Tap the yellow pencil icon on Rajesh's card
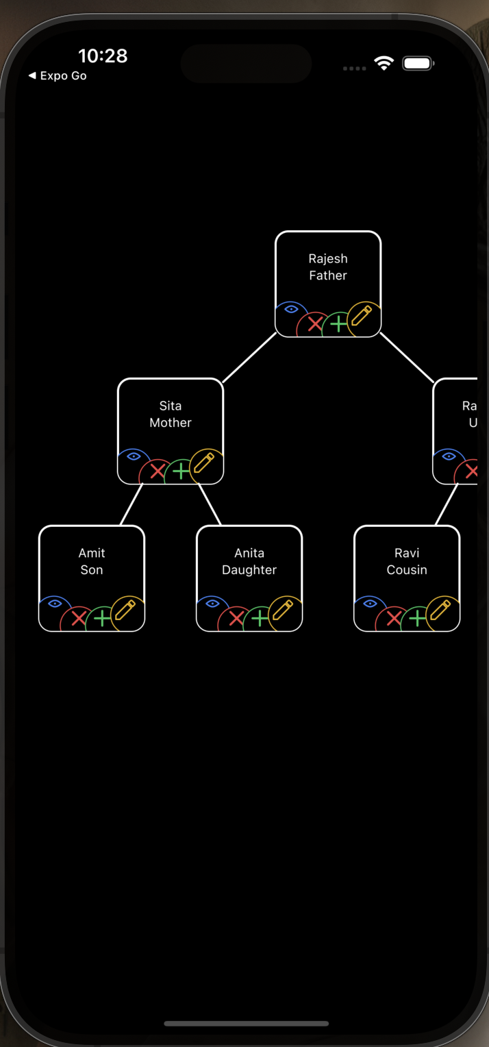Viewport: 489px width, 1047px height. pyautogui.click(x=361, y=316)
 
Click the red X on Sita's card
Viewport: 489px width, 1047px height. pyautogui.click(x=158, y=471)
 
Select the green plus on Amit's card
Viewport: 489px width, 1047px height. pyautogui.click(x=102, y=619)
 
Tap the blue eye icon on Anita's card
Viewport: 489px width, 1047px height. pyautogui.click(x=212, y=603)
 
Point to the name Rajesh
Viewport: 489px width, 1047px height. pyautogui.click(x=328, y=258)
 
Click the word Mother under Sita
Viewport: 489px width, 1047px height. pyautogui.click(x=171, y=423)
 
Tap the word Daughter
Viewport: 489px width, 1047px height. pyautogui.click(x=249, y=570)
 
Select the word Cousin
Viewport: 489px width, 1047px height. pyautogui.click(x=407, y=570)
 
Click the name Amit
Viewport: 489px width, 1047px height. pyautogui.click(x=92, y=553)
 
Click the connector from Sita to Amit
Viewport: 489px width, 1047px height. pyautogui.click(x=131, y=504)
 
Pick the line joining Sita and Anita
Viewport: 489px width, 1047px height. pyautogui.click(x=210, y=504)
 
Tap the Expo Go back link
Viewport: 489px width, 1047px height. pyautogui.click(x=58, y=76)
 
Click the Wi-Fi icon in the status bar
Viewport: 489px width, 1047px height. pyautogui.click(x=384, y=64)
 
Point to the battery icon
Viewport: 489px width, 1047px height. pyautogui.click(x=418, y=64)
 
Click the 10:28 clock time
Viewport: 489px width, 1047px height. pyautogui.click(x=103, y=56)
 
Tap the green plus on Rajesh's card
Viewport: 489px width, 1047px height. pyautogui.click(x=338, y=324)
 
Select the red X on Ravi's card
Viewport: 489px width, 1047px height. pyautogui.click(x=393, y=619)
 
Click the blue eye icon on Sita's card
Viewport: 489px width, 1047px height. pyautogui.click(x=134, y=456)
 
